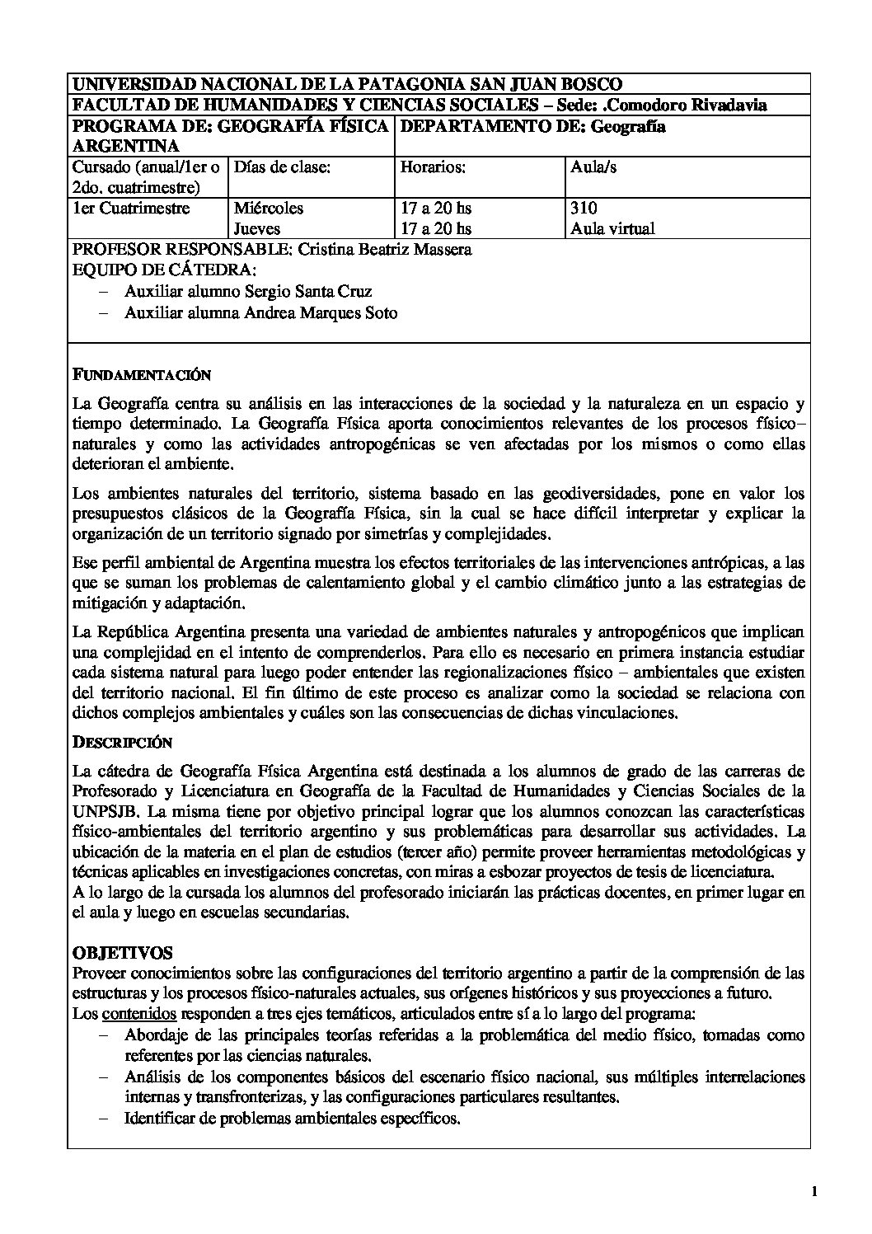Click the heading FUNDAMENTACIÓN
pos(141,376)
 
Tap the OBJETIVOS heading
pos(123,953)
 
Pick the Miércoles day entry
pos(269,209)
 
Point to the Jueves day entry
pos(257,228)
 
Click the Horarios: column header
pos(433,167)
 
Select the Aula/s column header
pos(593,167)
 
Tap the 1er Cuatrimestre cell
pos(132,209)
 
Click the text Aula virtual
pos(612,228)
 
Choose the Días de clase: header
pos(283,167)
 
